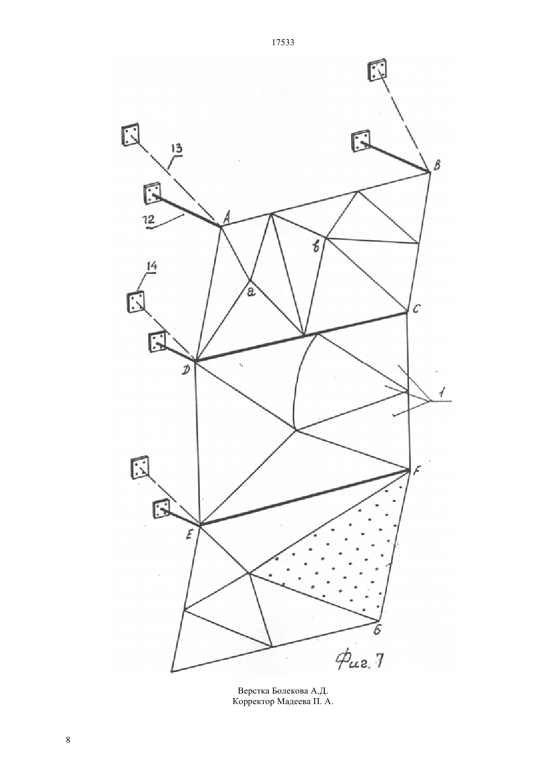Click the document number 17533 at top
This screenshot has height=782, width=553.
click(x=283, y=43)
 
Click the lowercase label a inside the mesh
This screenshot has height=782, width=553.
click(x=251, y=291)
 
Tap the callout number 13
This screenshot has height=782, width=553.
click(x=177, y=149)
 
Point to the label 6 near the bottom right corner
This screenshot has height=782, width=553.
click(x=378, y=630)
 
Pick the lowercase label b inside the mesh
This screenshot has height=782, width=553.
click(x=316, y=247)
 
